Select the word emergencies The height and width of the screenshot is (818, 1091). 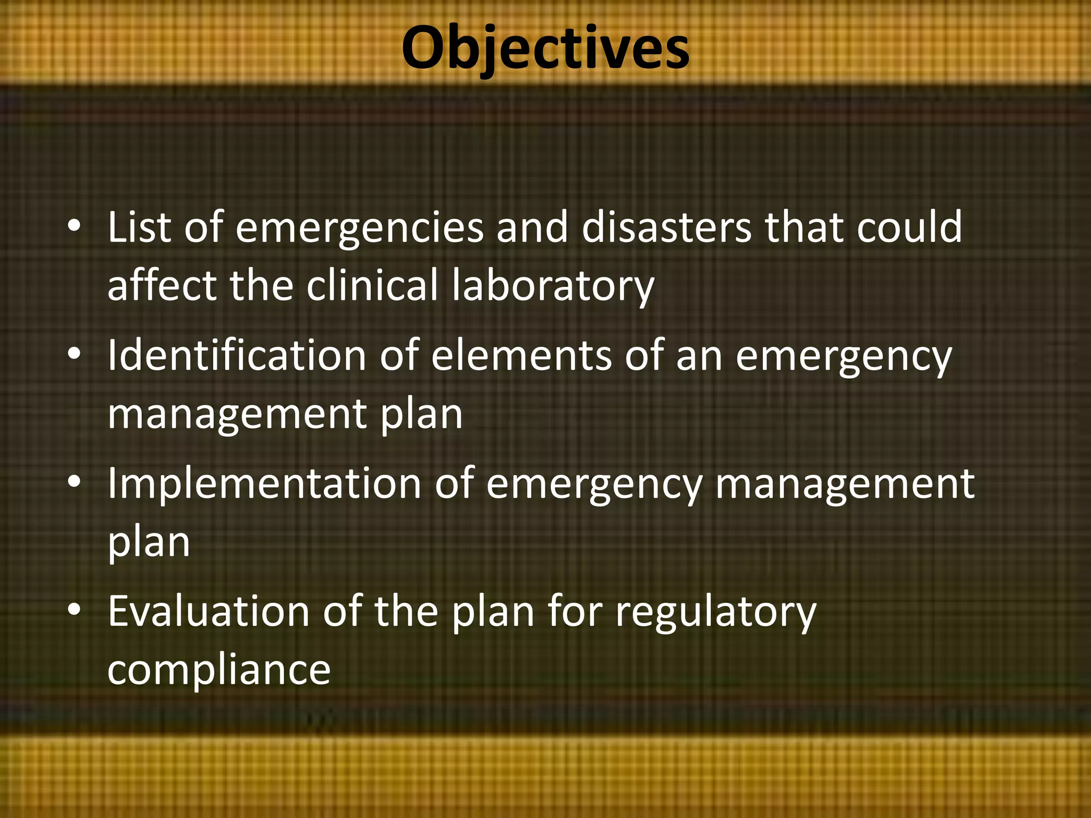coord(360,228)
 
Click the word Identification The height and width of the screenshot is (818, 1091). coord(237,355)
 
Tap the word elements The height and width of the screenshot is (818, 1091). coord(521,355)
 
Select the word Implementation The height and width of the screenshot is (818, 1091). coord(265,484)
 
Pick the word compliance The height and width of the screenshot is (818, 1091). coord(219,670)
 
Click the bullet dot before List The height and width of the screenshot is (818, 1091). coord(75,227)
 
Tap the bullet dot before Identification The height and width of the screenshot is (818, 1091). coord(75,354)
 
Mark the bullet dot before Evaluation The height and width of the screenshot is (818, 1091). coord(75,610)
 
